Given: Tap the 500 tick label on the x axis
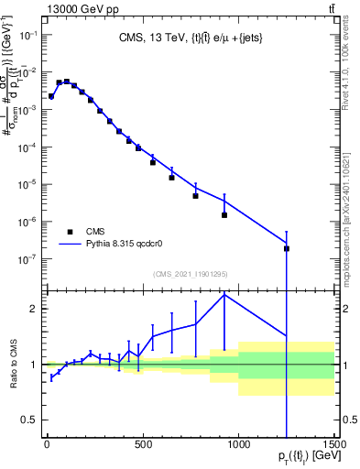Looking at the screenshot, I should tap(143, 446).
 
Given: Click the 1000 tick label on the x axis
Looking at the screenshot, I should tap(238, 446).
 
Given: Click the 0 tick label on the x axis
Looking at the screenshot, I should tap(47, 446).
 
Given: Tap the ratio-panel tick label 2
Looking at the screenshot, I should tap(33, 309).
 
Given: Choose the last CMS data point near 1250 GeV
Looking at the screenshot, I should tap(287, 248).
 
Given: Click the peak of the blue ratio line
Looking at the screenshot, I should tap(224, 294).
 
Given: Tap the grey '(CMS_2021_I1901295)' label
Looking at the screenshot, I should tap(190, 275).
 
